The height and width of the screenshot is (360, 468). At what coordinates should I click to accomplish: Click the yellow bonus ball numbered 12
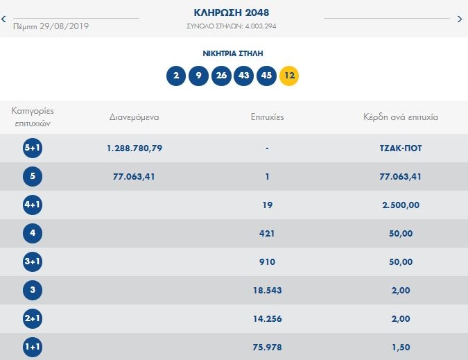click(x=289, y=75)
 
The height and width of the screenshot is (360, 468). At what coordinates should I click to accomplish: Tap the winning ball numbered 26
click(x=220, y=75)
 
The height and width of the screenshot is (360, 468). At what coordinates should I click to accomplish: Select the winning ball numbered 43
click(x=243, y=75)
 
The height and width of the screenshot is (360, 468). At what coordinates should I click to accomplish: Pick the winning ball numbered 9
click(x=198, y=75)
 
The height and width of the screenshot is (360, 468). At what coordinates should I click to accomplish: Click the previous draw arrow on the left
click(x=4, y=19)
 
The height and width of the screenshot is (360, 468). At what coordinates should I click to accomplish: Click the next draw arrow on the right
click(x=460, y=19)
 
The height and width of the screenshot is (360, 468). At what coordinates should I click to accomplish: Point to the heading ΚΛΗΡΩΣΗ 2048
click(x=232, y=12)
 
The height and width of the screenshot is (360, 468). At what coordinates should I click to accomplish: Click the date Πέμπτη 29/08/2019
click(x=51, y=26)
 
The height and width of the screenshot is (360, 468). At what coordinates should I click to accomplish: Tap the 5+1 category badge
click(x=32, y=148)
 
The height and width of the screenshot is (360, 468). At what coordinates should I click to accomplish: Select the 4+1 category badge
click(x=32, y=205)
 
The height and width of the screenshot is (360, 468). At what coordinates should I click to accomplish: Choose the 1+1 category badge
click(x=32, y=347)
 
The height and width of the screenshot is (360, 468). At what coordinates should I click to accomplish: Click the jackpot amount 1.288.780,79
click(x=135, y=148)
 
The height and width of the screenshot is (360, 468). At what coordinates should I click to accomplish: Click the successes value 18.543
click(x=267, y=290)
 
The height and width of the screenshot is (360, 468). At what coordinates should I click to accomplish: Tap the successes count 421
click(x=267, y=233)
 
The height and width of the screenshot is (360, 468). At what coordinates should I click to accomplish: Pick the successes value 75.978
click(x=267, y=347)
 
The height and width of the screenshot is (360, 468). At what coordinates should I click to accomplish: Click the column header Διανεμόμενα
click(x=135, y=117)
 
